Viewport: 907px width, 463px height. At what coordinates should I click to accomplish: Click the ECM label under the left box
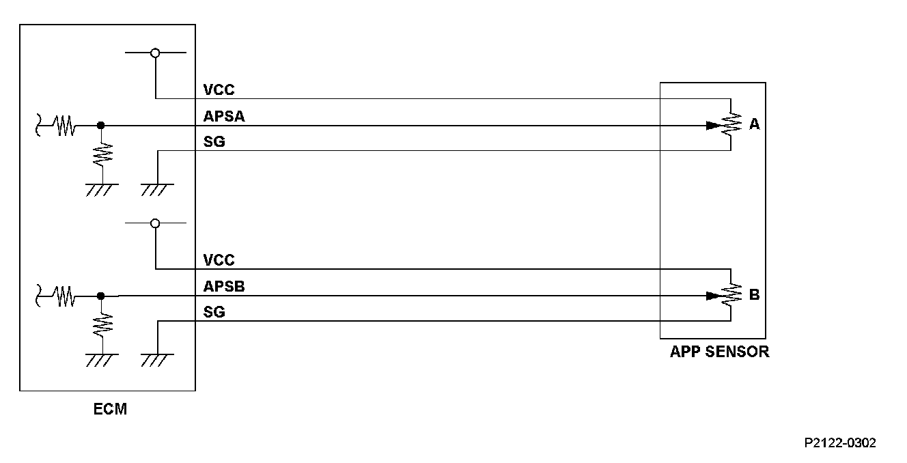pyautogui.click(x=110, y=410)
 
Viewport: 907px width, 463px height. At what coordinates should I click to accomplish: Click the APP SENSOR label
pyautogui.click(x=719, y=352)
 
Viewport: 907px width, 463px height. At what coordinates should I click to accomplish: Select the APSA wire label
pyautogui.click(x=224, y=117)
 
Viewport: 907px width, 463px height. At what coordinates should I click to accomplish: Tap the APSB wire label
pyautogui.click(x=224, y=287)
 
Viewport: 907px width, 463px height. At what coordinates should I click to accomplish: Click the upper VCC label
pyautogui.click(x=219, y=89)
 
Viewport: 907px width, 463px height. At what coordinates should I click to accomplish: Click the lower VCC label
pyautogui.click(x=219, y=260)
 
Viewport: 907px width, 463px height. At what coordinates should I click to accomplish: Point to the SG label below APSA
pyautogui.click(x=214, y=142)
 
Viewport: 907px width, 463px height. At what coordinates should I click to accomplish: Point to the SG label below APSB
pyautogui.click(x=214, y=313)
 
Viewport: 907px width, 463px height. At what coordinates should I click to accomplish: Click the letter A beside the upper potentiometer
pyautogui.click(x=754, y=124)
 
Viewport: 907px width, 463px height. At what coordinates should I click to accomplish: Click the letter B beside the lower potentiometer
pyautogui.click(x=754, y=295)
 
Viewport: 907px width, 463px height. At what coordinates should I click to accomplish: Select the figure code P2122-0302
pyautogui.click(x=840, y=443)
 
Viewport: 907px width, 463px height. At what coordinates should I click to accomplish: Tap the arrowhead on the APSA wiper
pyautogui.click(x=712, y=126)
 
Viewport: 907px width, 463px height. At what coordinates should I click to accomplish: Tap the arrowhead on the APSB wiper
pyautogui.click(x=712, y=296)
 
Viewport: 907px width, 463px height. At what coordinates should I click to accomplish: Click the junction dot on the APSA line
pyautogui.click(x=101, y=126)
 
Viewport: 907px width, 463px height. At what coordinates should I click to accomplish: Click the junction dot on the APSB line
pyautogui.click(x=101, y=296)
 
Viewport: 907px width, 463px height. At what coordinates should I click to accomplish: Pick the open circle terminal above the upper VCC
pyautogui.click(x=155, y=53)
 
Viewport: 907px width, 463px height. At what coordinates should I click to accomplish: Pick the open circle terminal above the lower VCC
pyautogui.click(x=155, y=223)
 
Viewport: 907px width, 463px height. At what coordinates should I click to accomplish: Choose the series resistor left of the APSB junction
pyautogui.click(x=65, y=296)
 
